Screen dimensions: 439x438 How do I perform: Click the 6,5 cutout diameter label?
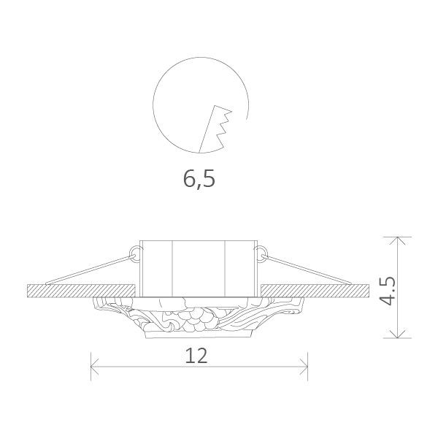point(199,178)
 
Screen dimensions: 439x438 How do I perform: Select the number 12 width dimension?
point(197,356)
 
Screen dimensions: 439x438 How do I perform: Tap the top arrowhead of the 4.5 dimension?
point(398,242)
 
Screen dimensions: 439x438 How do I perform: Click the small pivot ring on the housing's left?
point(134,253)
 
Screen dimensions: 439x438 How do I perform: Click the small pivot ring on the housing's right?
point(259,253)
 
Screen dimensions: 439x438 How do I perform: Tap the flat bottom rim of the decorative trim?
point(197,337)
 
